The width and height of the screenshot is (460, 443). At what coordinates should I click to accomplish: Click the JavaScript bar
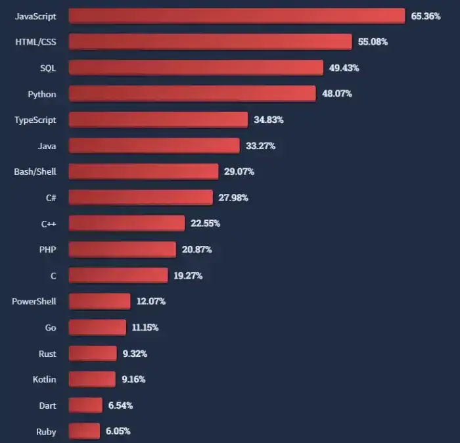[x=237, y=16]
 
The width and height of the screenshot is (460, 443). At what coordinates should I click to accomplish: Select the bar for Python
[x=192, y=93]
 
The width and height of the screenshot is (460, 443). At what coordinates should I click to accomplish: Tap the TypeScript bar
[x=158, y=120]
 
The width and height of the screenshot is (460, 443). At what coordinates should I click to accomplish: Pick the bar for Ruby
[x=84, y=431]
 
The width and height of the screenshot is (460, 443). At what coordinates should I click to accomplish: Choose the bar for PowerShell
[x=99, y=301]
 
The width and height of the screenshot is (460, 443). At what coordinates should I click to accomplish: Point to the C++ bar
[x=126, y=223]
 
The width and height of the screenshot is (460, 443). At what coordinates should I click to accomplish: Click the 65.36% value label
[x=426, y=16]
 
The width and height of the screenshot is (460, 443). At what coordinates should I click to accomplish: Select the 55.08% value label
[x=373, y=42]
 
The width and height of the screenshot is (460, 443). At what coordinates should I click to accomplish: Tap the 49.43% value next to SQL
[x=344, y=68]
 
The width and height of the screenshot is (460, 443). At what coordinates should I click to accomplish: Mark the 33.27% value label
[x=260, y=146]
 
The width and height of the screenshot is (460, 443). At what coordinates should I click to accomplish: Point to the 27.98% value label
[x=233, y=198]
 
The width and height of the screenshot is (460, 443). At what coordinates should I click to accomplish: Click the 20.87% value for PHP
[x=196, y=250]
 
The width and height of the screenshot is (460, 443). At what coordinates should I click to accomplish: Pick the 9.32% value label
[x=135, y=354]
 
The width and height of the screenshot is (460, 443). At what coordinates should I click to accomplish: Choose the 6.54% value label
[x=120, y=406]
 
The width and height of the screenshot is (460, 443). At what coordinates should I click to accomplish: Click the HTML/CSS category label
[x=35, y=42]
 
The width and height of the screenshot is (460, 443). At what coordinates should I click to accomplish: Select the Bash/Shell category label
[x=35, y=172]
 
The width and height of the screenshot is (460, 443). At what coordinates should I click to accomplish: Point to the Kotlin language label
[x=45, y=379]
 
